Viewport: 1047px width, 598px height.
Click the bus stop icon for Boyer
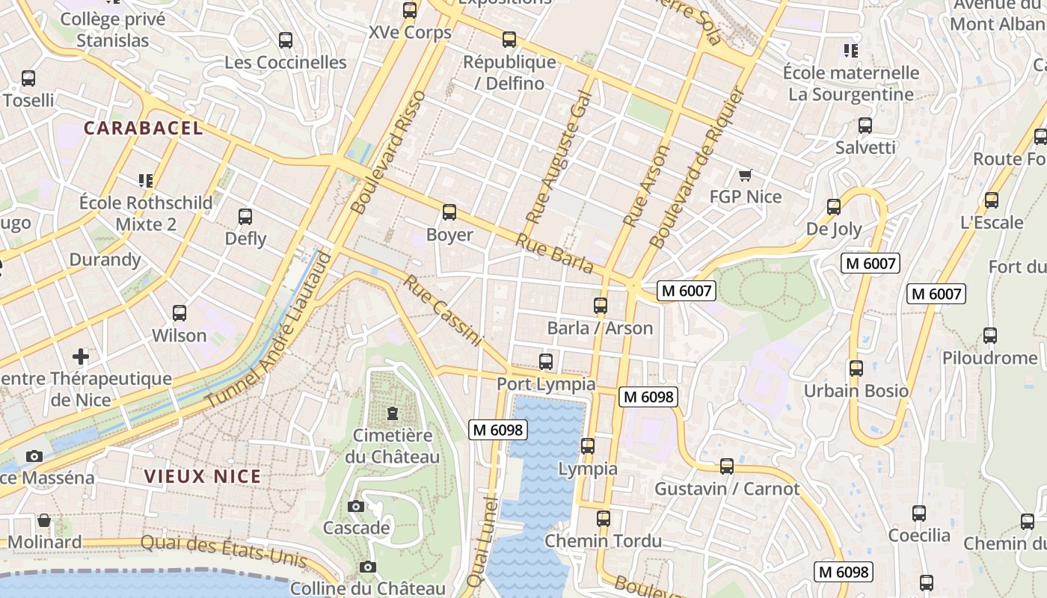pyautogui.click(x=449, y=212)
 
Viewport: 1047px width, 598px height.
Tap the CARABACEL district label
pyautogui.click(x=143, y=128)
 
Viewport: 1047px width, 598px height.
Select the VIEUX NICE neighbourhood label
pyautogui.click(x=203, y=476)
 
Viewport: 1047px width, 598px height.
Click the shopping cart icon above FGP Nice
pyautogui.click(x=745, y=175)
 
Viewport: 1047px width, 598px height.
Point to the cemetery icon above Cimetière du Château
pyautogui.click(x=392, y=413)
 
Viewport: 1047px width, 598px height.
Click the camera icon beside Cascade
pyautogui.click(x=356, y=506)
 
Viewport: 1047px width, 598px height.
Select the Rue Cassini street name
pyautogui.click(x=442, y=310)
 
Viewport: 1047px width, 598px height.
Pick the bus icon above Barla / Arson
pyautogui.click(x=601, y=305)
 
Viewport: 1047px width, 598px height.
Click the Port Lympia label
pyautogui.click(x=546, y=384)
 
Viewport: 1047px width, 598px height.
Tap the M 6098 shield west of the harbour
pyautogui.click(x=498, y=430)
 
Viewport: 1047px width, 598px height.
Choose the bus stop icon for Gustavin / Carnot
pyautogui.click(x=727, y=466)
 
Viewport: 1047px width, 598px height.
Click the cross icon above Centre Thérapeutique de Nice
pyautogui.click(x=81, y=356)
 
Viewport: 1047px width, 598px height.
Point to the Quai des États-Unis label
pyautogui.click(x=224, y=551)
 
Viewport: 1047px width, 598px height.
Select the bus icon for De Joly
pyautogui.click(x=834, y=207)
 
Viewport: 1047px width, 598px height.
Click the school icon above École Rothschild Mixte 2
pyautogui.click(x=146, y=180)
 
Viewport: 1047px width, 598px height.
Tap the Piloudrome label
pyautogui.click(x=989, y=358)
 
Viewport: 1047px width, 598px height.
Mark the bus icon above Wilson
pyautogui.click(x=179, y=313)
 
